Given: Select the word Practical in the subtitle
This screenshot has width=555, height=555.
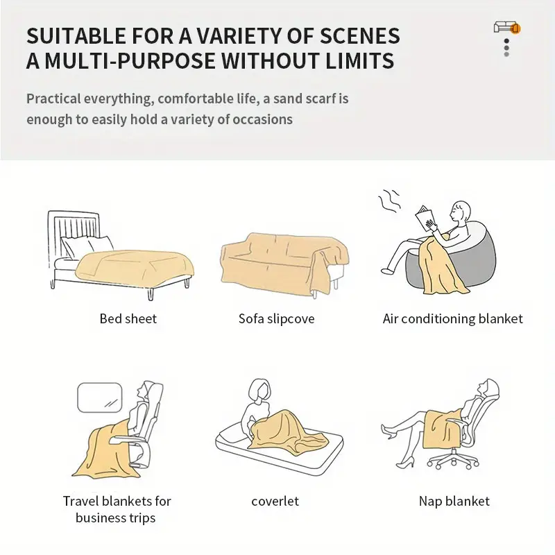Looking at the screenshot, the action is coord(54,99).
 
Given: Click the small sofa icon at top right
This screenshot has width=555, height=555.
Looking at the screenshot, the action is coord(507,27).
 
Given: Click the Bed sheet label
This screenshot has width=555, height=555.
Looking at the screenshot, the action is coord(128,318).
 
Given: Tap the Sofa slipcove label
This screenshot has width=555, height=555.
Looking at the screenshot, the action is coord(276,318).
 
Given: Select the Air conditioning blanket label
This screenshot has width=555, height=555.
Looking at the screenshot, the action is coord(453,318).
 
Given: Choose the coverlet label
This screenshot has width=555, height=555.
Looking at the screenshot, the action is coord(275,501).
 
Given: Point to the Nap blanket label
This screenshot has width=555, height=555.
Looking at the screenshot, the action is coord(454,501).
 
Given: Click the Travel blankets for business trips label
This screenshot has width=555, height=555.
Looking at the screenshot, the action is coord(117,509).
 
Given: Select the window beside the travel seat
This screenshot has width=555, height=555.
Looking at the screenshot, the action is coord(100,398).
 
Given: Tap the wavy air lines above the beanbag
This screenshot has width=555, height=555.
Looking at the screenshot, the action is coord(390,200).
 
